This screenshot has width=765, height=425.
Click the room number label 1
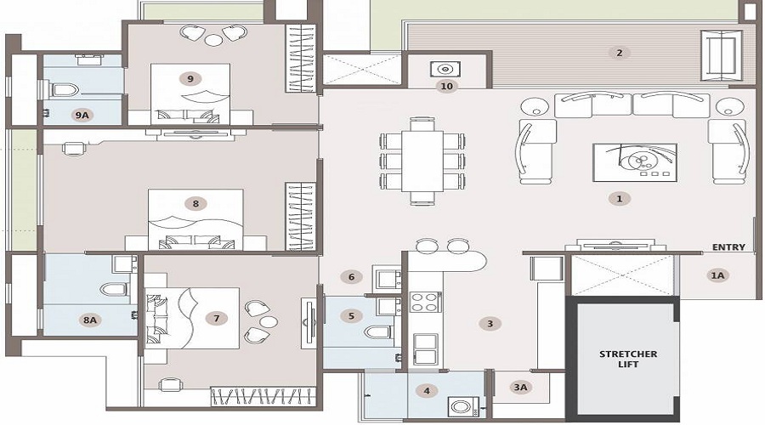coord(619,198)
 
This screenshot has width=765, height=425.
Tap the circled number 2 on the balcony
coord(619,53)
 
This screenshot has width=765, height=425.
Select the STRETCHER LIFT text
coord(628,358)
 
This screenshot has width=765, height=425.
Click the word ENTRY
coord(729,247)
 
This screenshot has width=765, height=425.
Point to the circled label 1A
coord(718,275)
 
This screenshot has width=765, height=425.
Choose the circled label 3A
coord(520,388)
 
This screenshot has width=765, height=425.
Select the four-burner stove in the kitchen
coord(424,301)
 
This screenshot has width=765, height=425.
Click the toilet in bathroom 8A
coord(113,289)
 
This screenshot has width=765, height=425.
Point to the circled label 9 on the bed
coord(190,78)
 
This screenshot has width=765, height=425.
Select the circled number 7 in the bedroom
coord(217,319)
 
